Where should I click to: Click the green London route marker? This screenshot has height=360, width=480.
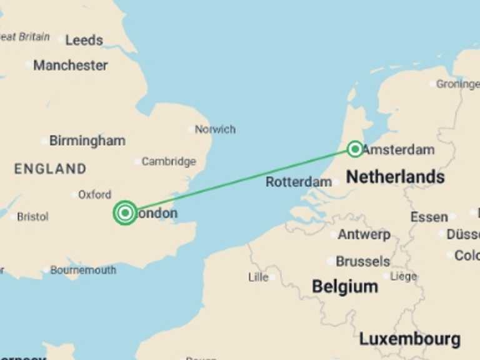click(x=126, y=213)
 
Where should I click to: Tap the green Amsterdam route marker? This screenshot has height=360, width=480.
click(x=355, y=149)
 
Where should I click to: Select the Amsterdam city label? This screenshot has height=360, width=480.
click(x=398, y=150)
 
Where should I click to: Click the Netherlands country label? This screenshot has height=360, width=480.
click(x=395, y=177)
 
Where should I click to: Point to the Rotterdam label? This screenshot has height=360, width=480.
click(x=299, y=182)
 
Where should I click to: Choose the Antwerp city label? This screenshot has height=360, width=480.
click(x=364, y=235)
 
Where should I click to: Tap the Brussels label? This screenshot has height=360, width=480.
click(x=362, y=261)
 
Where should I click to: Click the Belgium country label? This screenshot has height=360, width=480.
click(x=345, y=287)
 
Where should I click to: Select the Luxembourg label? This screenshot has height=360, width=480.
click(x=409, y=339)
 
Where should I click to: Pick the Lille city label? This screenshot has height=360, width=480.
click(x=258, y=277)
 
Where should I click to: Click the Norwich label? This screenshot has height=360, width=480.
click(x=215, y=129)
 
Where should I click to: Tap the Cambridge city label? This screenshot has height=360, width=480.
click(x=168, y=161)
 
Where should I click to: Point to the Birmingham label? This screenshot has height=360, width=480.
click(x=87, y=141)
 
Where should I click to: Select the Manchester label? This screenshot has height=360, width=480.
click(x=70, y=65)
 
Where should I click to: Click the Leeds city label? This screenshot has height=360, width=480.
click(x=84, y=40)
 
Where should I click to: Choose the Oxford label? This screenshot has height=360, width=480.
click(x=94, y=194)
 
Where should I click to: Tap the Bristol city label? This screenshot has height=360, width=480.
click(x=32, y=217)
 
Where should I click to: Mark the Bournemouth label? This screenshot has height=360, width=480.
click(x=82, y=270)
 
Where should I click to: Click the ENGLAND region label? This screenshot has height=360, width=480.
click(x=50, y=169)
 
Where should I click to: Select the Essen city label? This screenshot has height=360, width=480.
click(x=429, y=217)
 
